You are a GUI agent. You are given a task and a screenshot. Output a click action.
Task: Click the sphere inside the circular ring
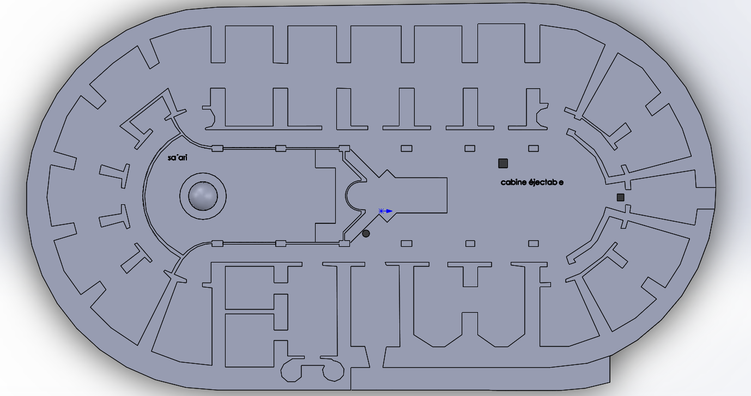point(203,196)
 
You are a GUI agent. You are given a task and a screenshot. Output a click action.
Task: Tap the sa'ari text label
point(178,157)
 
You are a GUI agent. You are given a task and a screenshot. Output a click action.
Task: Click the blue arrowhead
point(389,211)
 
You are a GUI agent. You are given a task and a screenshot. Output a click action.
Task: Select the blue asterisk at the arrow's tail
point(381,210)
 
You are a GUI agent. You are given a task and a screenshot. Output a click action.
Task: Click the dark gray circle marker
point(366,234)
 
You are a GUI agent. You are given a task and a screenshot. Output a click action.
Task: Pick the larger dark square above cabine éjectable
point(503,163)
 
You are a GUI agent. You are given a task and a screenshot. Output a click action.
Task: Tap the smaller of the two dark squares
point(620,197)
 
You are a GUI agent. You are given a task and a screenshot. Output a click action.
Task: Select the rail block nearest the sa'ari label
point(217,148)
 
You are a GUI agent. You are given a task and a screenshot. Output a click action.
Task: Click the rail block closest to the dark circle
point(344,243)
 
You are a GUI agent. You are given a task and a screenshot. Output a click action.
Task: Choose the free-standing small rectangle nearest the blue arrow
point(407,243)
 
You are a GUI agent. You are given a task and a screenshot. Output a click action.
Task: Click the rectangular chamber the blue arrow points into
point(420,195)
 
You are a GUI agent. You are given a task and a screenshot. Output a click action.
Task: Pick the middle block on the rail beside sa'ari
point(281,148)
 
